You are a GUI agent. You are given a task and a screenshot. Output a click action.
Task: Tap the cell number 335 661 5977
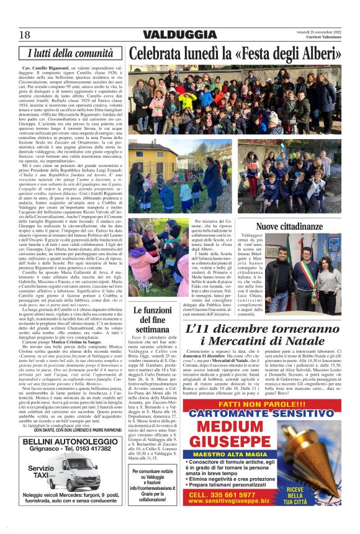click(x=245, y=511)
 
